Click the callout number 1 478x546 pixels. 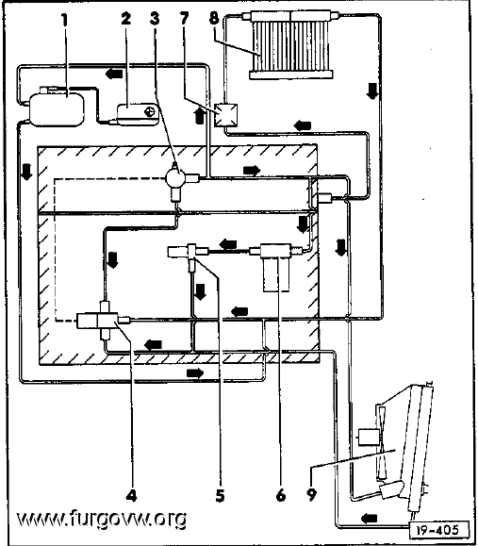(x=64, y=20)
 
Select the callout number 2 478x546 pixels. (x=126, y=18)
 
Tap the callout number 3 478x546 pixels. (x=155, y=18)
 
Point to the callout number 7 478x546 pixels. (x=184, y=18)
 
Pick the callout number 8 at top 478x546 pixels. (x=214, y=18)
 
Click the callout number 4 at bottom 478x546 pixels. (x=131, y=495)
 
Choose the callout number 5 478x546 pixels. (x=220, y=495)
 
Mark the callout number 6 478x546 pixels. (x=281, y=495)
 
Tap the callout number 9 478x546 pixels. (x=311, y=495)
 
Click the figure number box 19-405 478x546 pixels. (x=438, y=530)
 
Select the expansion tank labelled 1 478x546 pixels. (x=57, y=107)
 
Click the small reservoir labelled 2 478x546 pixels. (x=138, y=114)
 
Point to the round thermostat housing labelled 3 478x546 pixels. (x=174, y=177)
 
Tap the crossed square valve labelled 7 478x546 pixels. (x=225, y=115)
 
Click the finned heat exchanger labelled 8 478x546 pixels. (x=291, y=44)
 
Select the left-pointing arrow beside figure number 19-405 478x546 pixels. (x=369, y=519)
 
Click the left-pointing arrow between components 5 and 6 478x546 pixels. (x=228, y=244)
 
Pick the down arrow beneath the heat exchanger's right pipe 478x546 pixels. (x=372, y=91)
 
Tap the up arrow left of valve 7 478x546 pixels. (x=200, y=115)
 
